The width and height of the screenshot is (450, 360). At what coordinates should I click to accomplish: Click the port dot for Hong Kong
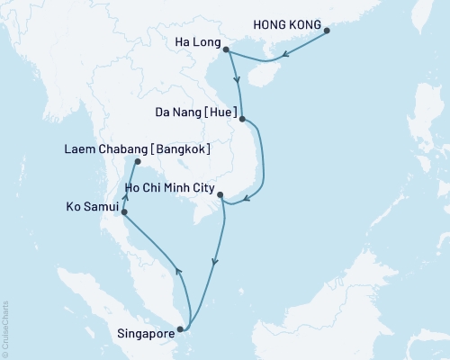tap(327, 31)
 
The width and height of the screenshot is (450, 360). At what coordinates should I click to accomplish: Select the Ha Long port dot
tap(225, 49)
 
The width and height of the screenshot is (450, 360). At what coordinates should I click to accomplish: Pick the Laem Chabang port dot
tap(137, 162)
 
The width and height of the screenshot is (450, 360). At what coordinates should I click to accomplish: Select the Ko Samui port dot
tap(123, 212)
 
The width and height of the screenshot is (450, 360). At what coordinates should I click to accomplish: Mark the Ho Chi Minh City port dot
tap(220, 195)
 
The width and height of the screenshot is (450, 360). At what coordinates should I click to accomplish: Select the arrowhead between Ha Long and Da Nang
tap(237, 82)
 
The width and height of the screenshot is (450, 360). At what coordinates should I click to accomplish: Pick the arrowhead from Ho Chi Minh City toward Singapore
tap(214, 264)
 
